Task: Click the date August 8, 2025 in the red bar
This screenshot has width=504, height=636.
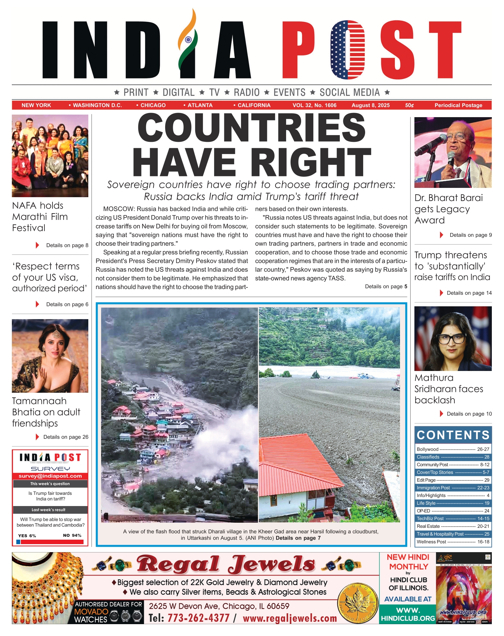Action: click(x=370, y=105)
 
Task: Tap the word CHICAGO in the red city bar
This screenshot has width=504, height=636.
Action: click(x=153, y=105)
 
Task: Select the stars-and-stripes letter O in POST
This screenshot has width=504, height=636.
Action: click(x=348, y=50)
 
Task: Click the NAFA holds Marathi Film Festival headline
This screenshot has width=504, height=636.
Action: click(x=40, y=217)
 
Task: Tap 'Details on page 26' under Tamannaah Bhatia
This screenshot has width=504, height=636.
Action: click(x=66, y=437)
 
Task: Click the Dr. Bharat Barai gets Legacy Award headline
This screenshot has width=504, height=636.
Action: click(x=448, y=209)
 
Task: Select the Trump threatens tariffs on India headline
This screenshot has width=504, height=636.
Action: click(x=452, y=266)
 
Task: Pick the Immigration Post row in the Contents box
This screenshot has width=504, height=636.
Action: click(x=453, y=488)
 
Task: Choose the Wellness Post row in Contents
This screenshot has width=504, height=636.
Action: click(x=453, y=542)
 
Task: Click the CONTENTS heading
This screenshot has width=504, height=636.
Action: click(x=453, y=435)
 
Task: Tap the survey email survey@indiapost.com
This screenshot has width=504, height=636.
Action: click(x=50, y=476)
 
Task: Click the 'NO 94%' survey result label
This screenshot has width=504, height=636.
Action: click(x=72, y=535)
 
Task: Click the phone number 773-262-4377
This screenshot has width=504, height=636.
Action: click(x=198, y=618)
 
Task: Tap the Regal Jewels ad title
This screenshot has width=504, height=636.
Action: click(x=226, y=564)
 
